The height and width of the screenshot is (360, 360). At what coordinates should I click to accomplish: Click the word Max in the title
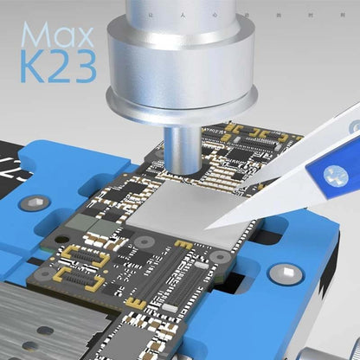click(56, 35)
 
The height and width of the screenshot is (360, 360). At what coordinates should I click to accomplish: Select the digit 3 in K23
click(81, 68)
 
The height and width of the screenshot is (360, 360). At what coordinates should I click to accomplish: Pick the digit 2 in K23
click(58, 68)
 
